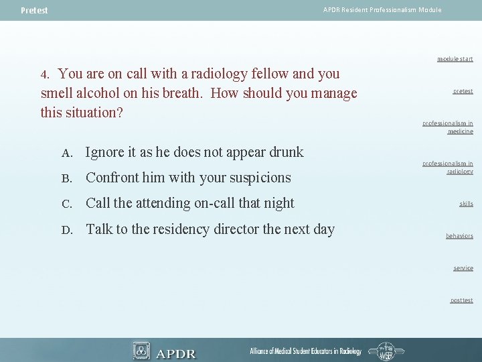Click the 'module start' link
[455, 59]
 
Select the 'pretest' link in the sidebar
[463, 91]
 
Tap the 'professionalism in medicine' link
[448, 127]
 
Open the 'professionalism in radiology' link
[448, 167]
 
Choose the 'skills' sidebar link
[466, 204]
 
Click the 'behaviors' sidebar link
[459, 236]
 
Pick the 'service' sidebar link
[463, 268]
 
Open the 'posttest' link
[461, 300]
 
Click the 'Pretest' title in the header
[34, 11]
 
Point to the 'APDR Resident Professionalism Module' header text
[382, 10]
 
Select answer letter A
[66, 154]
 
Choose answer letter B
[66, 179]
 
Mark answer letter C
[66, 204]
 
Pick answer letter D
[66, 230]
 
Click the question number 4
[44, 74]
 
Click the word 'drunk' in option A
[285, 152]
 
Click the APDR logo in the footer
[165, 351]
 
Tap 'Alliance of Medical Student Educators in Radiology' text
[305, 351]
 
